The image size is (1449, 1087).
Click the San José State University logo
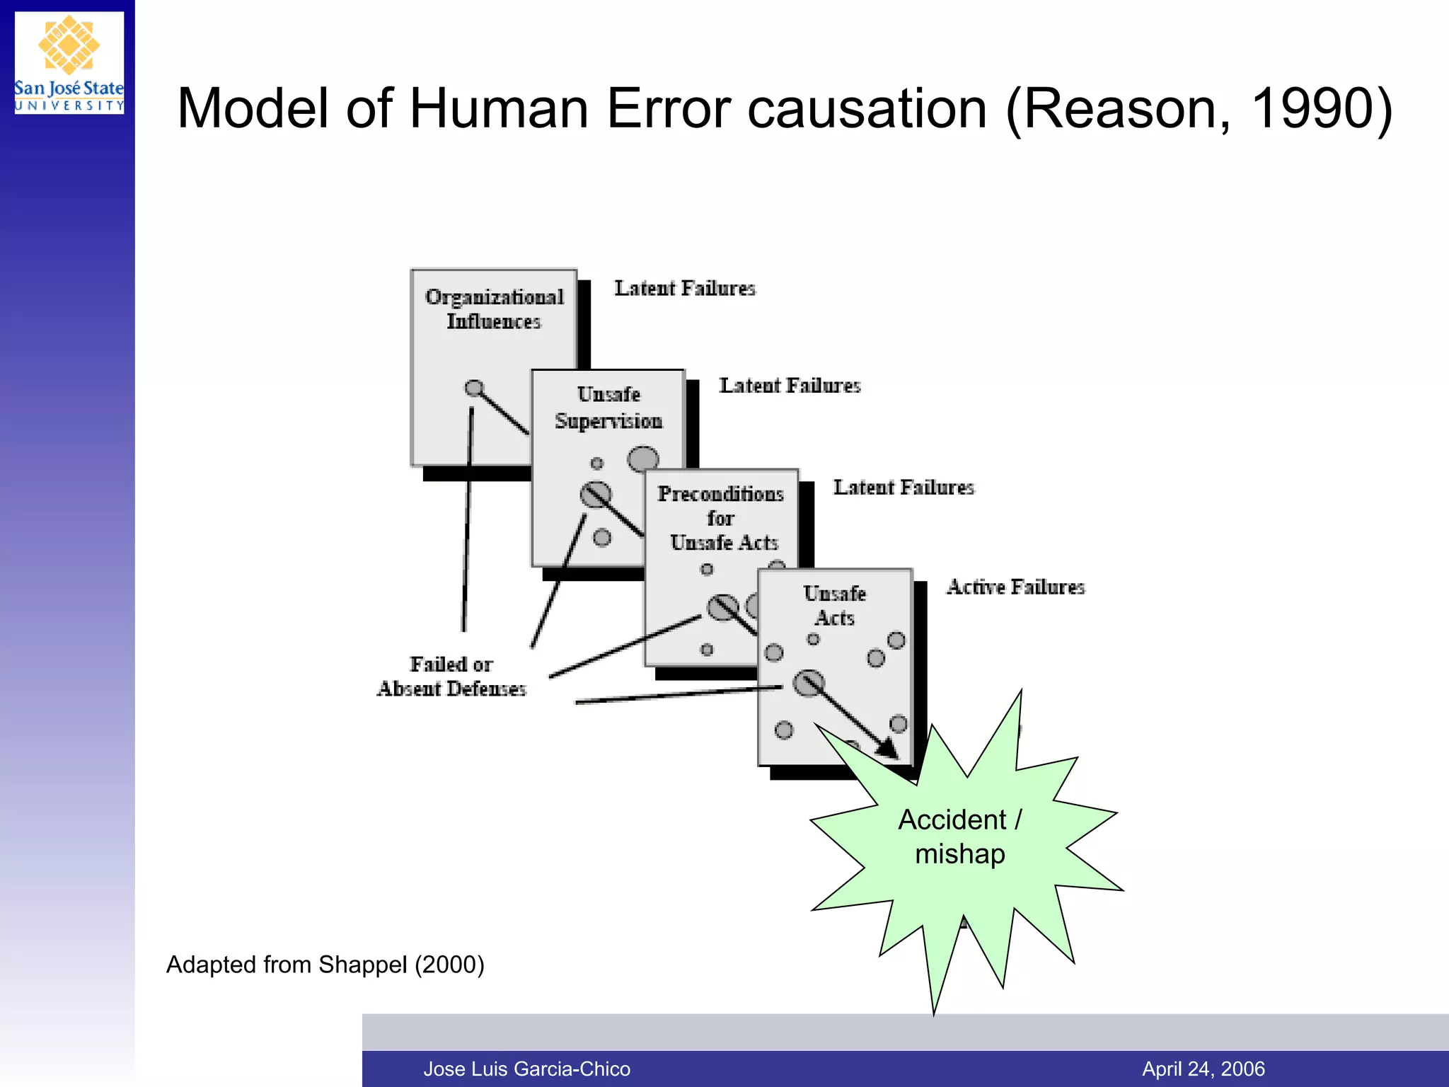pos(69,62)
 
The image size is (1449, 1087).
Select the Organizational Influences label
pos(494,309)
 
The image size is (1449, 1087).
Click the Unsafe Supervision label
pos(608,408)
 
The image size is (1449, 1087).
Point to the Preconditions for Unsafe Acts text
pos(722,518)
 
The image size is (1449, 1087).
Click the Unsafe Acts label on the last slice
pos(835,605)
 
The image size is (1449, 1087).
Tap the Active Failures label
pos(1015,587)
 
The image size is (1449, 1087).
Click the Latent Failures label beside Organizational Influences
pos(684,288)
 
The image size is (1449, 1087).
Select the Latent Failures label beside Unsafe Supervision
pos(790,386)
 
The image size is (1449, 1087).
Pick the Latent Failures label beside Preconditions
pos(904,487)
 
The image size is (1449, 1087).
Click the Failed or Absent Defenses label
pos(451,677)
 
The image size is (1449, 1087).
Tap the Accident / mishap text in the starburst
pos(960,836)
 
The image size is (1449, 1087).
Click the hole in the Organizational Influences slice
pos(474,388)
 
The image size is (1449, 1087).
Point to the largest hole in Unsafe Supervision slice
pos(643,459)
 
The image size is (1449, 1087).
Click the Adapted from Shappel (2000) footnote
pos(325,965)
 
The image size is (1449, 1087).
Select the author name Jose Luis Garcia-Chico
pos(526,1069)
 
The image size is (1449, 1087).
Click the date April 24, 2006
pos(1203,1069)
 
